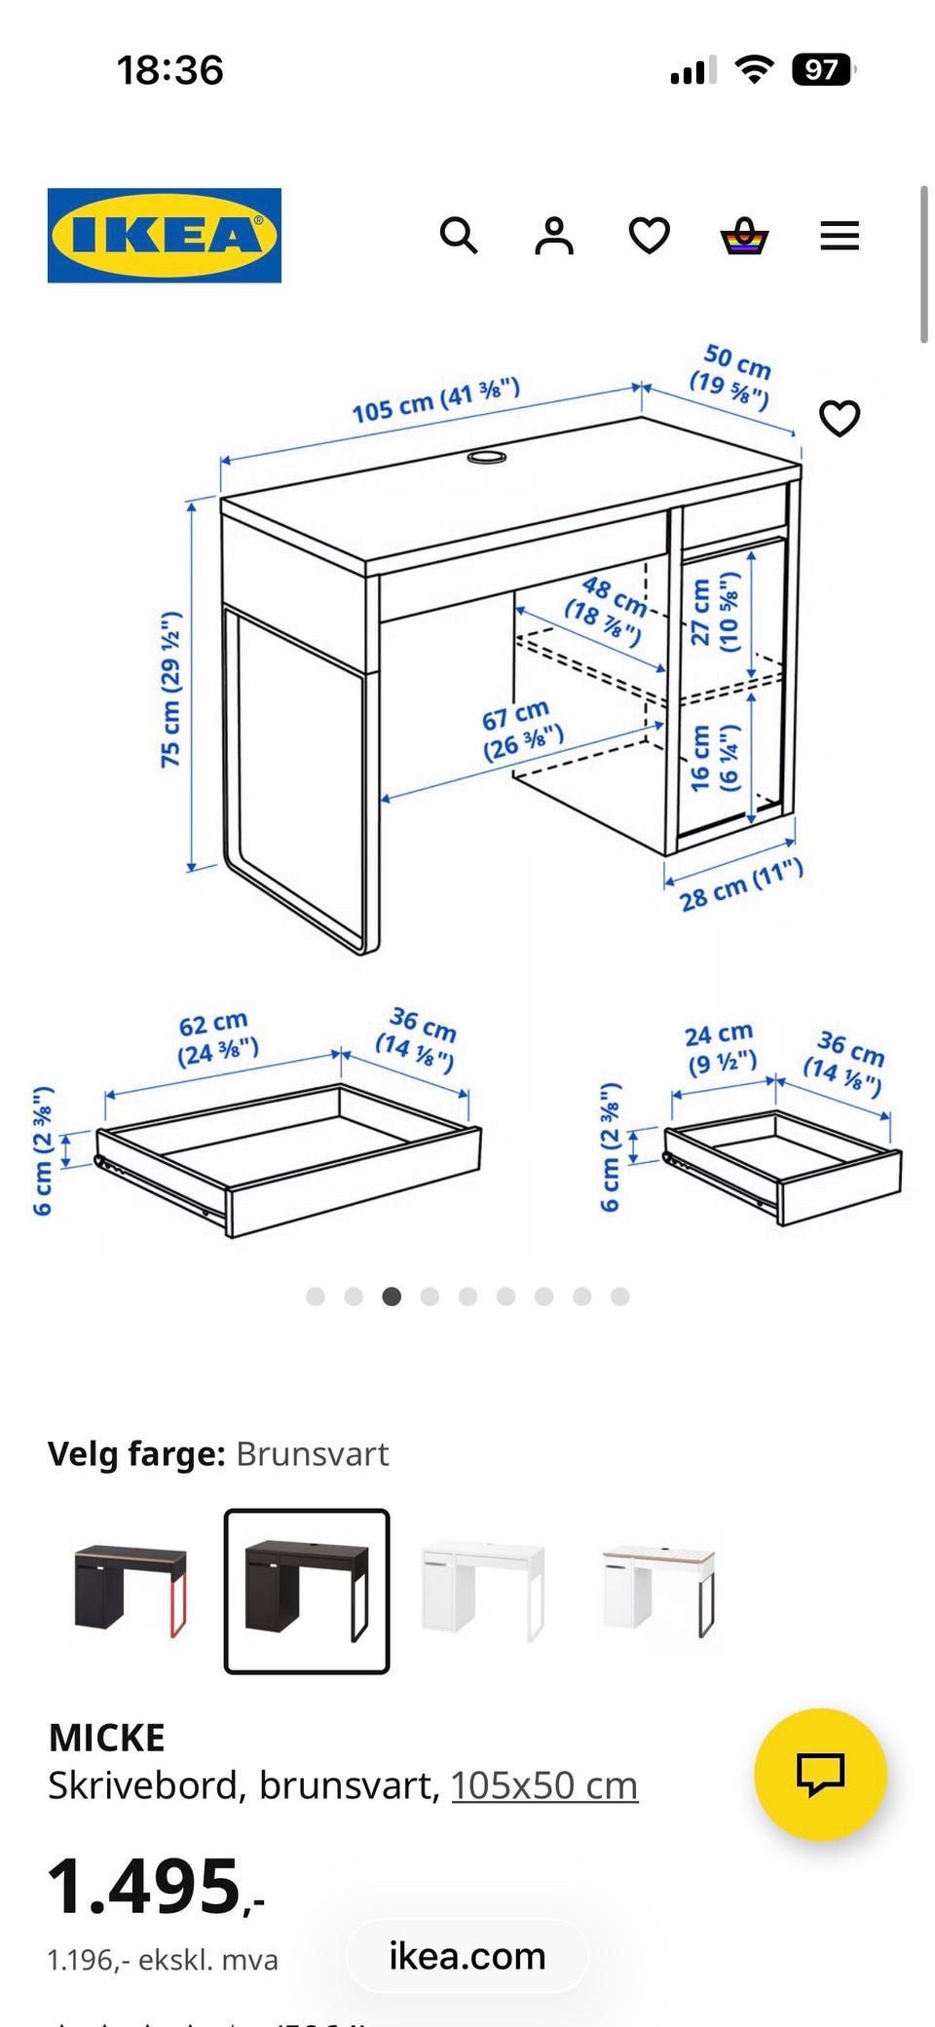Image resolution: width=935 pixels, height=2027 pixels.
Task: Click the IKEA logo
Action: [165, 236]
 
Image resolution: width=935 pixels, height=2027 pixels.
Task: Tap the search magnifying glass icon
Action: [459, 236]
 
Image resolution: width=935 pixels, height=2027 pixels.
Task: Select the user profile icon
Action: [554, 236]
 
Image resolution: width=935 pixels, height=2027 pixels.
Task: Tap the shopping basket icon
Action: [744, 236]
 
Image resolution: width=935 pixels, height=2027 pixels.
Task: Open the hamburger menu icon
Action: [840, 236]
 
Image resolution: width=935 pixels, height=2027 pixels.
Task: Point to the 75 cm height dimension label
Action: [170, 690]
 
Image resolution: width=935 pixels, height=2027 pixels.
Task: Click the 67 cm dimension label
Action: [522, 730]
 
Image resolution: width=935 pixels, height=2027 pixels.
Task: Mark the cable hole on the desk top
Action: [486, 456]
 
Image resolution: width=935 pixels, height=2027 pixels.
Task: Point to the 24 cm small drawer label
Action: [721, 1048]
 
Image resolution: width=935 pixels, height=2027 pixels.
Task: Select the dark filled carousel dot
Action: [392, 1296]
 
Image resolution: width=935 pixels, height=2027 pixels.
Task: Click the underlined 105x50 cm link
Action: [544, 1785]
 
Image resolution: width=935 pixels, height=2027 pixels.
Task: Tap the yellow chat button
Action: [820, 1774]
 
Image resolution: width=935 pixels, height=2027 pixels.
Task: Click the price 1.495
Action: [156, 1887]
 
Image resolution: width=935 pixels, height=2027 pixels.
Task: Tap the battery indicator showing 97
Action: [824, 70]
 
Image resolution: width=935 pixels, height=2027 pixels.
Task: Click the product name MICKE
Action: [107, 1738]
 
